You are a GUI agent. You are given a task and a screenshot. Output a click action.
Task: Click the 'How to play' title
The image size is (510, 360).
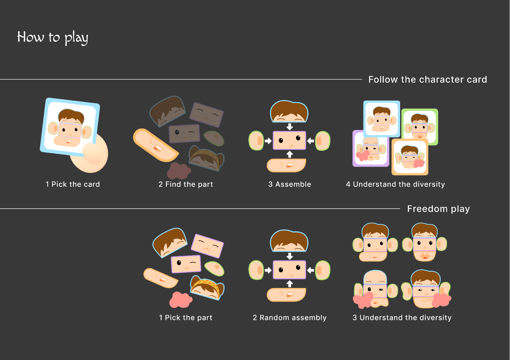(53, 38)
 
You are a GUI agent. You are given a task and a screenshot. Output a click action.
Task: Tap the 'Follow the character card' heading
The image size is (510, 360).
(428, 80)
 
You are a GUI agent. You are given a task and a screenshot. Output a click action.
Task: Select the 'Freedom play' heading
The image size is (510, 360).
(438, 209)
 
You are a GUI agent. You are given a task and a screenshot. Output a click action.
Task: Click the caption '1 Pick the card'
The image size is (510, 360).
(73, 184)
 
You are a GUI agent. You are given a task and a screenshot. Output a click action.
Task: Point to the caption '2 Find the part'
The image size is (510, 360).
(186, 184)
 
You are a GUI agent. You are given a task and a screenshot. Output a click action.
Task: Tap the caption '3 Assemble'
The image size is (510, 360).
(290, 184)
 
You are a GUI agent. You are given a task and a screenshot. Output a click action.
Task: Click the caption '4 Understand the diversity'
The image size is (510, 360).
(395, 184)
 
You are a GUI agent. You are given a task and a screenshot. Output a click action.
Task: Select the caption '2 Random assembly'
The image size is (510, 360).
(290, 317)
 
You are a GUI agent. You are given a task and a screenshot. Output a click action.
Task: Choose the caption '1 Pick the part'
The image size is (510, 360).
(186, 317)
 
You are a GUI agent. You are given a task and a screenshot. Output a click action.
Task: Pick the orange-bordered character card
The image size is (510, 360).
(410, 157)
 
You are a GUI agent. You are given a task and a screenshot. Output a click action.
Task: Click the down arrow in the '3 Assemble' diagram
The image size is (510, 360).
(290, 127)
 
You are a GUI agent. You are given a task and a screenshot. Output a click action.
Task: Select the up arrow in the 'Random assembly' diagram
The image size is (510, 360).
(290, 284)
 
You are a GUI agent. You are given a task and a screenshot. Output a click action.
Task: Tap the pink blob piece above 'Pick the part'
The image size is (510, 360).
(181, 300)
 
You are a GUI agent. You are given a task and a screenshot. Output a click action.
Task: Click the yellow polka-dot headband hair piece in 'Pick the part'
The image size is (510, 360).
(207, 288)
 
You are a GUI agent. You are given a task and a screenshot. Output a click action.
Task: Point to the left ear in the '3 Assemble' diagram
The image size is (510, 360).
(256, 141)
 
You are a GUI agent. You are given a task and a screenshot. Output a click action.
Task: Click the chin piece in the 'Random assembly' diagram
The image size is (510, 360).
(287, 295)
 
